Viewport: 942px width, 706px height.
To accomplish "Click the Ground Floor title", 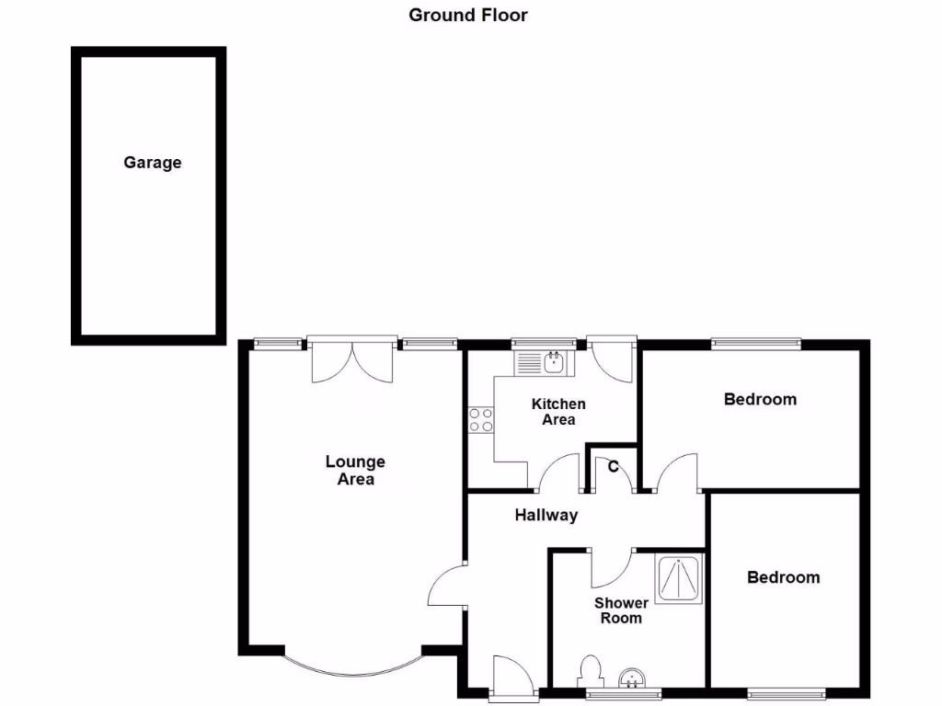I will tap(468, 15).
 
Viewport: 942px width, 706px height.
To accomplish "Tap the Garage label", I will tap(153, 163).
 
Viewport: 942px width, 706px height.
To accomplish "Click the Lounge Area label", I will tap(355, 470).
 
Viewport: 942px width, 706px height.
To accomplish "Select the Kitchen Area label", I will tap(558, 412).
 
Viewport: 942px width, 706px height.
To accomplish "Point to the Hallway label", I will tap(546, 515).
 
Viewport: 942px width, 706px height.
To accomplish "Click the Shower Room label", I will tap(621, 610).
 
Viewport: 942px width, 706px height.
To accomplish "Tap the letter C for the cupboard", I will tap(613, 465).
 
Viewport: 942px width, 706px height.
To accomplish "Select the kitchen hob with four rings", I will tap(480, 420).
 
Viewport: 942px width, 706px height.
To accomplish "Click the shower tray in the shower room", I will tap(679, 578).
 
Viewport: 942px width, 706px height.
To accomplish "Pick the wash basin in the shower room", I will tap(633, 678).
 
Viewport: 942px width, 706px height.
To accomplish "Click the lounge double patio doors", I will tap(352, 360).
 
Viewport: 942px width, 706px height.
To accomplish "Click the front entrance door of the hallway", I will tap(509, 675).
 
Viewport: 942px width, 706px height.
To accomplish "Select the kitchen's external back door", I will tap(610, 358).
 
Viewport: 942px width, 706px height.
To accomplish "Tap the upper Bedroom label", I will tap(760, 399).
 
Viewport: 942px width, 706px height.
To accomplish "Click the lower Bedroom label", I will tap(783, 577).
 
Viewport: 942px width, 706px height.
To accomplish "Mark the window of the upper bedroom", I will tap(755, 345).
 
